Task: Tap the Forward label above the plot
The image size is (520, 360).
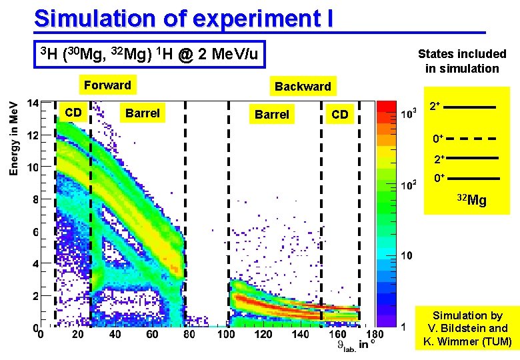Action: click(107, 85)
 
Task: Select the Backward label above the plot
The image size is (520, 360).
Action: click(303, 86)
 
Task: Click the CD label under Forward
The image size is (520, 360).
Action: click(73, 113)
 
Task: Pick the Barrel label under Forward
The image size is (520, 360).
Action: click(142, 113)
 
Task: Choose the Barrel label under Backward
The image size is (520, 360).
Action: click(272, 114)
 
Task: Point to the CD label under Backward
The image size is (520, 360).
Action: click(340, 114)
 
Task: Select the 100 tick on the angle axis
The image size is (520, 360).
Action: click(227, 335)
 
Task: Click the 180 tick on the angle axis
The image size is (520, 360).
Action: click(377, 335)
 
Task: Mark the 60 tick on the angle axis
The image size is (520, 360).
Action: click(153, 335)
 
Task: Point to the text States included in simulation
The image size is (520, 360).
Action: click(462, 61)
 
